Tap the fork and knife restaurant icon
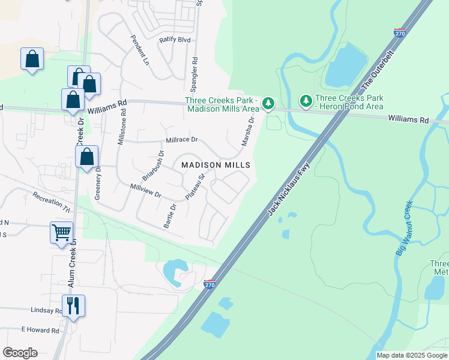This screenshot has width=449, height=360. click(x=74, y=305)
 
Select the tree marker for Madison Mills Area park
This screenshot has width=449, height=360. click(x=269, y=104)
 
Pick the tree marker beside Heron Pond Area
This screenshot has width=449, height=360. click(x=306, y=100)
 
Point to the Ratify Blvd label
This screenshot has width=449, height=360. click(x=174, y=40)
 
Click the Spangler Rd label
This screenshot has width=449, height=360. click(x=195, y=70)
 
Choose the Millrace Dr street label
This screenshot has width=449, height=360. click(x=181, y=140)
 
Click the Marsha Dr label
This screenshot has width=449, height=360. click(x=247, y=131)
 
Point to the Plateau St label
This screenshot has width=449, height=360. click(x=195, y=187)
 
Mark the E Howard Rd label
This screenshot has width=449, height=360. click(x=40, y=330)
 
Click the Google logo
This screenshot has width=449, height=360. click(x=20, y=353)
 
